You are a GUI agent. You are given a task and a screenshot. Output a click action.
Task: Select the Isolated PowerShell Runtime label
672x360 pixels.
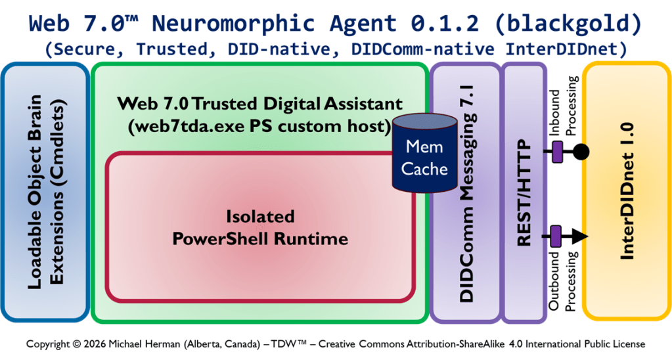[260, 227]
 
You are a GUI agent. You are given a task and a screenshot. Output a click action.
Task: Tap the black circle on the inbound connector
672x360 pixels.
[581, 152]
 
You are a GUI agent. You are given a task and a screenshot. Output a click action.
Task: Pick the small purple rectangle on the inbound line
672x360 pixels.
[557, 152]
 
